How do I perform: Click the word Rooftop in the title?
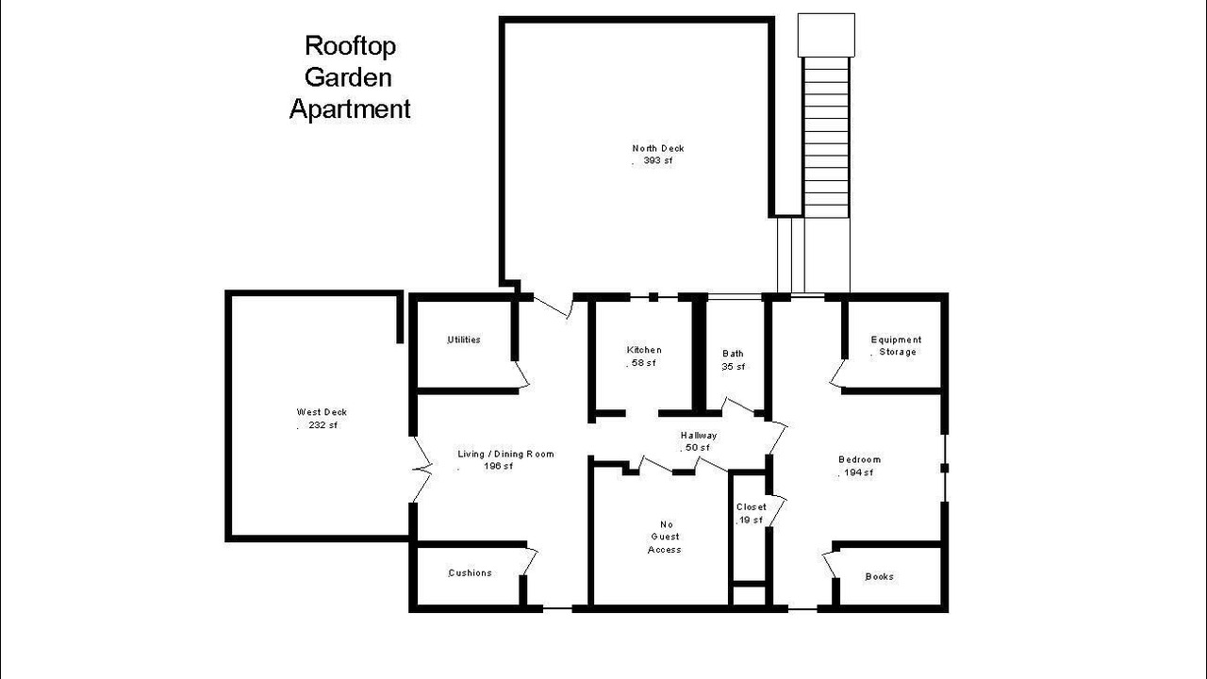pyautogui.click(x=350, y=47)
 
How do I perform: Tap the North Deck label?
pyautogui.click(x=658, y=148)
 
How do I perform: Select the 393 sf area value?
pyautogui.click(x=658, y=160)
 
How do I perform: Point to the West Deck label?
pyautogui.click(x=322, y=412)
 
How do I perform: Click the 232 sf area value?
pyautogui.click(x=322, y=425)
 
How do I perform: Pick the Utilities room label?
pyautogui.click(x=464, y=339)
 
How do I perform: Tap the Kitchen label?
pyautogui.click(x=644, y=350)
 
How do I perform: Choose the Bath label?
pyautogui.click(x=733, y=354)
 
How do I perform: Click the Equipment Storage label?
pyautogui.click(x=897, y=345)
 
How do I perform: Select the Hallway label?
pyautogui.click(x=699, y=436)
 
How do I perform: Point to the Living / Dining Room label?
pyautogui.click(x=505, y=454)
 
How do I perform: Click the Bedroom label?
pyautogui.click(x=859, y=459)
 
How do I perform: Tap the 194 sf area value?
pyautogui.click(x=858, y=472)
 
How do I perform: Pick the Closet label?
pyautogui.click(x=752, y=507)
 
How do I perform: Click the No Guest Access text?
pyautogui.click(x=665, y=537)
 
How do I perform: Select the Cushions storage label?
pyautogui.click(x=470, y=572)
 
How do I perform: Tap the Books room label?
pyautogui.click(x=880, y=576)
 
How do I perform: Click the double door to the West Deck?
pyautogui.click(x=422, y=470)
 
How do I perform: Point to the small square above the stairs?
pyautogui.click(x=826, y=35)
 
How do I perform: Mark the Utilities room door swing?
pyautogui.click(x=521, y=374)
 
